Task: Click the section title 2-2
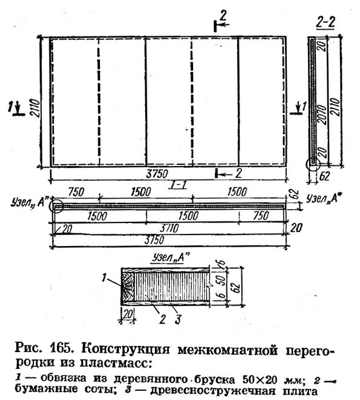tap(326, 22)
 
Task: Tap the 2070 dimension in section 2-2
tap(321, 115)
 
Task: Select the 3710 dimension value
tap(169, 228)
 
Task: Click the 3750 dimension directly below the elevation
tap(157, 174)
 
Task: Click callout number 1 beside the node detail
tap(103, 278)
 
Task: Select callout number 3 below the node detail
tap(178, 319)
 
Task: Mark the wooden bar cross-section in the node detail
tap(128, 286)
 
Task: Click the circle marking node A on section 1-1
tap(56, 206)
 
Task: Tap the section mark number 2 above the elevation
tap(223, 16)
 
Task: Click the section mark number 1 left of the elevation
tap(10, 107)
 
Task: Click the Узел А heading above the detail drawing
tap(171, 258)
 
